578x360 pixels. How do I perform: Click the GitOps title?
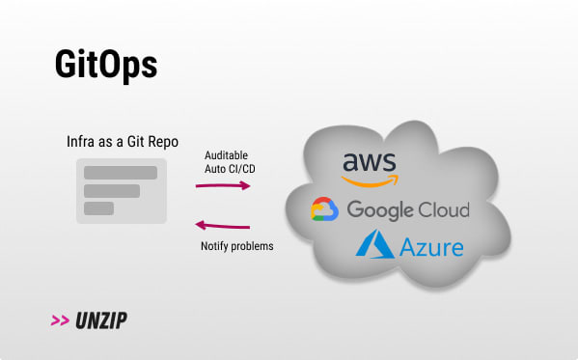point(106,66)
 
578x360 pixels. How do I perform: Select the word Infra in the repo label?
point(80,141)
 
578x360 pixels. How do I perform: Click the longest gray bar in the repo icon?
point(121,173)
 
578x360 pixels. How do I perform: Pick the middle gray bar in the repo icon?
point(112,191)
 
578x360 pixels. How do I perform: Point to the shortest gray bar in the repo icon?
point(98,208)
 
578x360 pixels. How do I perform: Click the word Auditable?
point(226,155)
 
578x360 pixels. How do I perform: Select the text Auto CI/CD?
point(230,169)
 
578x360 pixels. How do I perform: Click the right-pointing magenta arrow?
point(223,185)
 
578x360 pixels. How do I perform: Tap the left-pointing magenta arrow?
point(223,225)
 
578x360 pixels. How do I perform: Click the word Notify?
point(214,246)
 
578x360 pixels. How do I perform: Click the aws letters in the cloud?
point(370,161)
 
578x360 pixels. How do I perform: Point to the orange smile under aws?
point(370,181)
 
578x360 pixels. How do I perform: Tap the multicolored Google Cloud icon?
point(324,209)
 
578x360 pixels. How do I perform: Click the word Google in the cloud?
point(380,210)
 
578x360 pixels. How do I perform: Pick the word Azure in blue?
point(431,247)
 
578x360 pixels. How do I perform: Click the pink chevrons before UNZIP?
point(60,320)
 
